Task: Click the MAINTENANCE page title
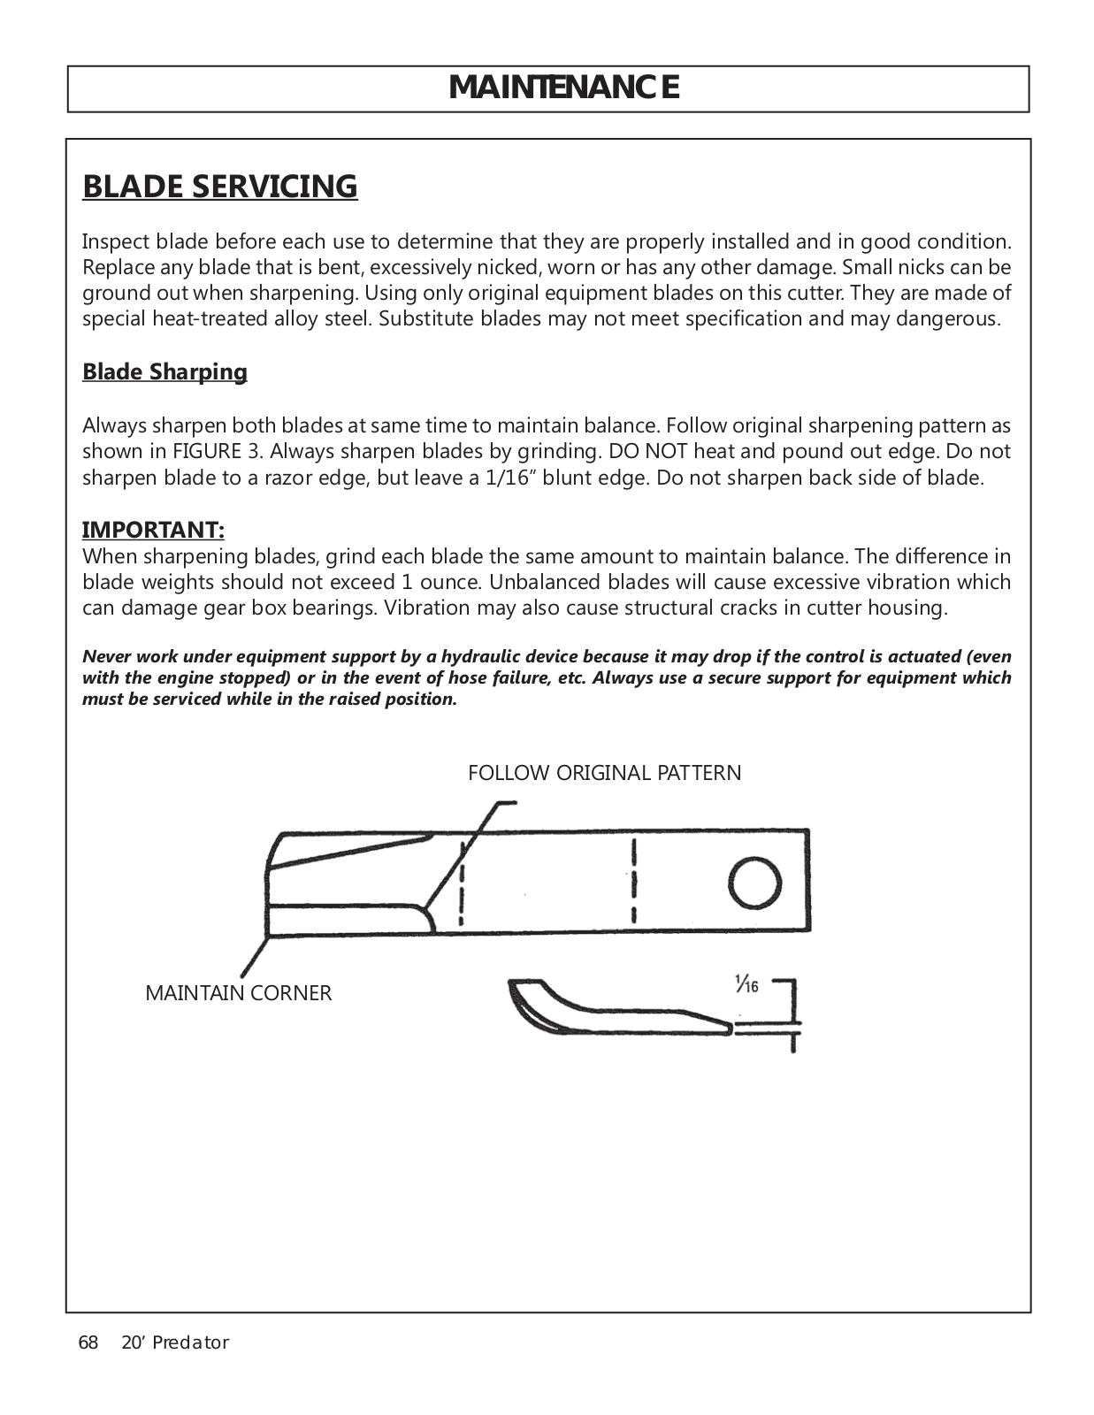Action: pos(564,88)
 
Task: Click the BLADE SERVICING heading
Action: pos(220,187)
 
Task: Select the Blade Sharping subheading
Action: pos(164,371)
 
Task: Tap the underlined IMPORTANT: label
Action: pos(153,530)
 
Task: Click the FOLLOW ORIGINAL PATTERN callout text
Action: pos(604,773)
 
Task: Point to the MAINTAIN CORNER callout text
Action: pos(238,993)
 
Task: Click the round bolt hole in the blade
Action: pos(754,883)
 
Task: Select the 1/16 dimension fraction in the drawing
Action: pos(746,983)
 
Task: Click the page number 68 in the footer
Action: pos(88,1342)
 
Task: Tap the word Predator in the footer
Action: pos(190,1342)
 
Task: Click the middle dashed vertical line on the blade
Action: pos(634,881)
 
